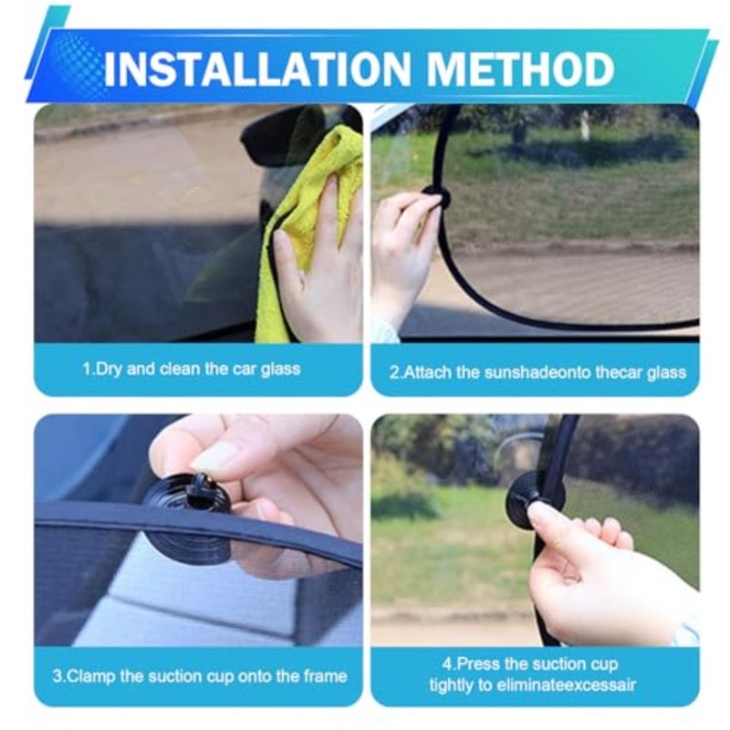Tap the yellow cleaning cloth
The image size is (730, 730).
pyautogui.click(x=308, y=224)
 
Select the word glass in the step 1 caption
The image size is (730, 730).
pyautogui.click(x=280, y=370)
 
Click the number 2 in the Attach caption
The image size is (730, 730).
pyautogui.click(x=394, y=372)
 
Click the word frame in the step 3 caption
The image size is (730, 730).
pyautogui.click(x=325, y=676)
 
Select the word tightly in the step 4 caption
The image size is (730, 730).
pyautogui.click(x=450, y=685)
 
